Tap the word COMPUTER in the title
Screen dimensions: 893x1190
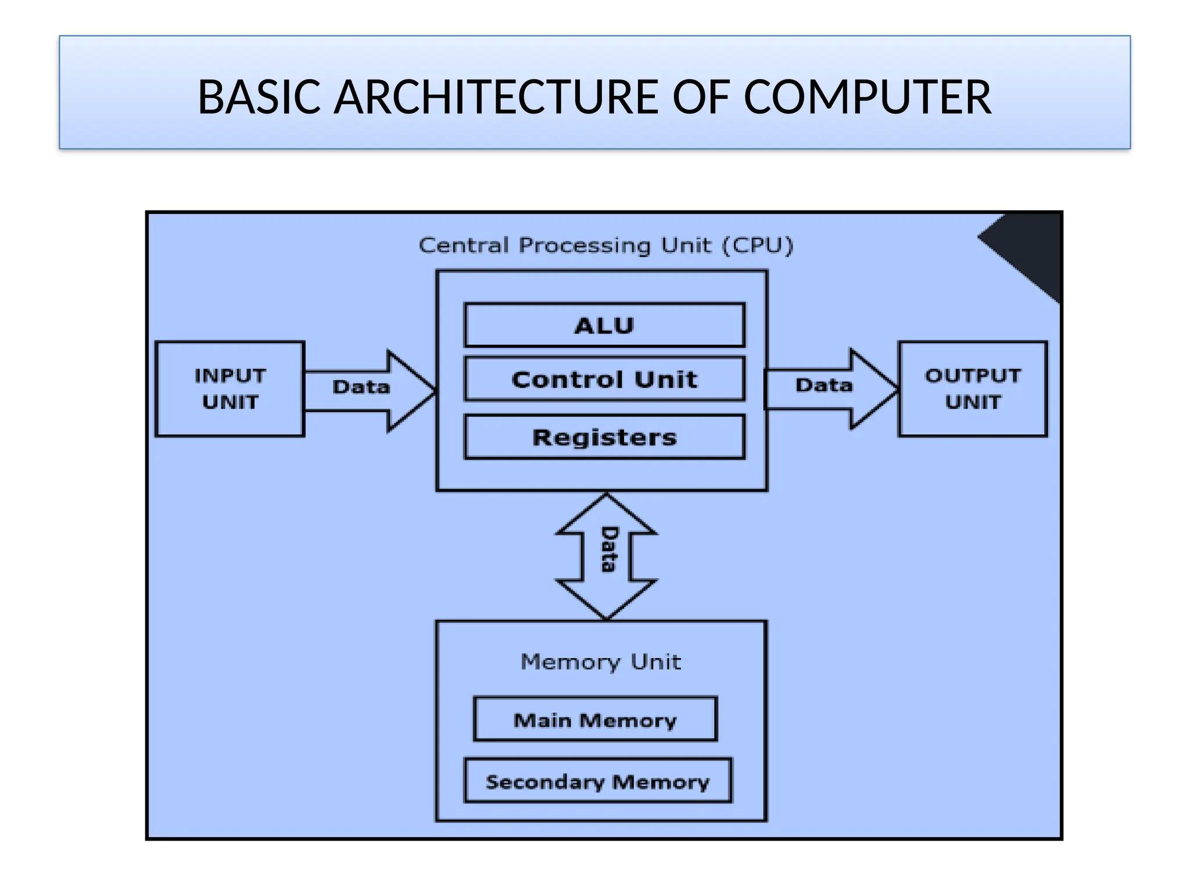pos(867,97)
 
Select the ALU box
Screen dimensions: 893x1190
pos(604,325)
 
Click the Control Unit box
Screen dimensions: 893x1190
pos(604,379)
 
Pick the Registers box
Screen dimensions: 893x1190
pos(604,437)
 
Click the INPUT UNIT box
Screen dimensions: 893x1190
pos(230,388)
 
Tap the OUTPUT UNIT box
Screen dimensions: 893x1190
pos(973,388)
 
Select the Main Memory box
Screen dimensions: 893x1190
pos(595,719)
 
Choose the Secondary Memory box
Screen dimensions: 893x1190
pos(598,781)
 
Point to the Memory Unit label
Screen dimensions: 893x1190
pos(601,662)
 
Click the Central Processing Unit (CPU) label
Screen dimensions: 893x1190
pos(606,245)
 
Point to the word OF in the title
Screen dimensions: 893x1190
pos(700,97)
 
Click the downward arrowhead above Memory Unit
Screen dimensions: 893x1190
pos(607,599)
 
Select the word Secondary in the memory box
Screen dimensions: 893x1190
pos(544,781)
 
